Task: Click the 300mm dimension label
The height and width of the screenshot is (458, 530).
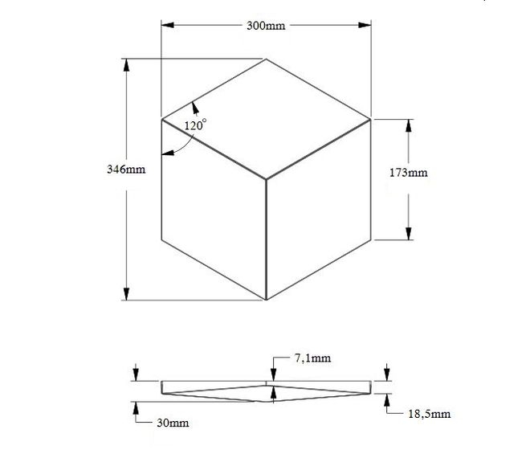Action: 266,26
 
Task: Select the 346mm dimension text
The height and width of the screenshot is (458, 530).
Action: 126,170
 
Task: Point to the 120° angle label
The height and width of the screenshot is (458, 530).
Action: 195,125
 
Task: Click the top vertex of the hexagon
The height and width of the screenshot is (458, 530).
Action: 266,59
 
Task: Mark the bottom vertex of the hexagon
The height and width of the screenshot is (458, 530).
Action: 266,301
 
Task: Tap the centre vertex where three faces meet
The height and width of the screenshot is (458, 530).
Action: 266,179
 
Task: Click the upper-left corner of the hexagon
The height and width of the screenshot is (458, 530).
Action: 162,120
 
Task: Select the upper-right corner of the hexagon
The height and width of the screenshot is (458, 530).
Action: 371,120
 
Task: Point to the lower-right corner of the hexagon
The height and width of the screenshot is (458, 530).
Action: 371,239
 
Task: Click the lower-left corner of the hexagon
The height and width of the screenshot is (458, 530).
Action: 162,239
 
